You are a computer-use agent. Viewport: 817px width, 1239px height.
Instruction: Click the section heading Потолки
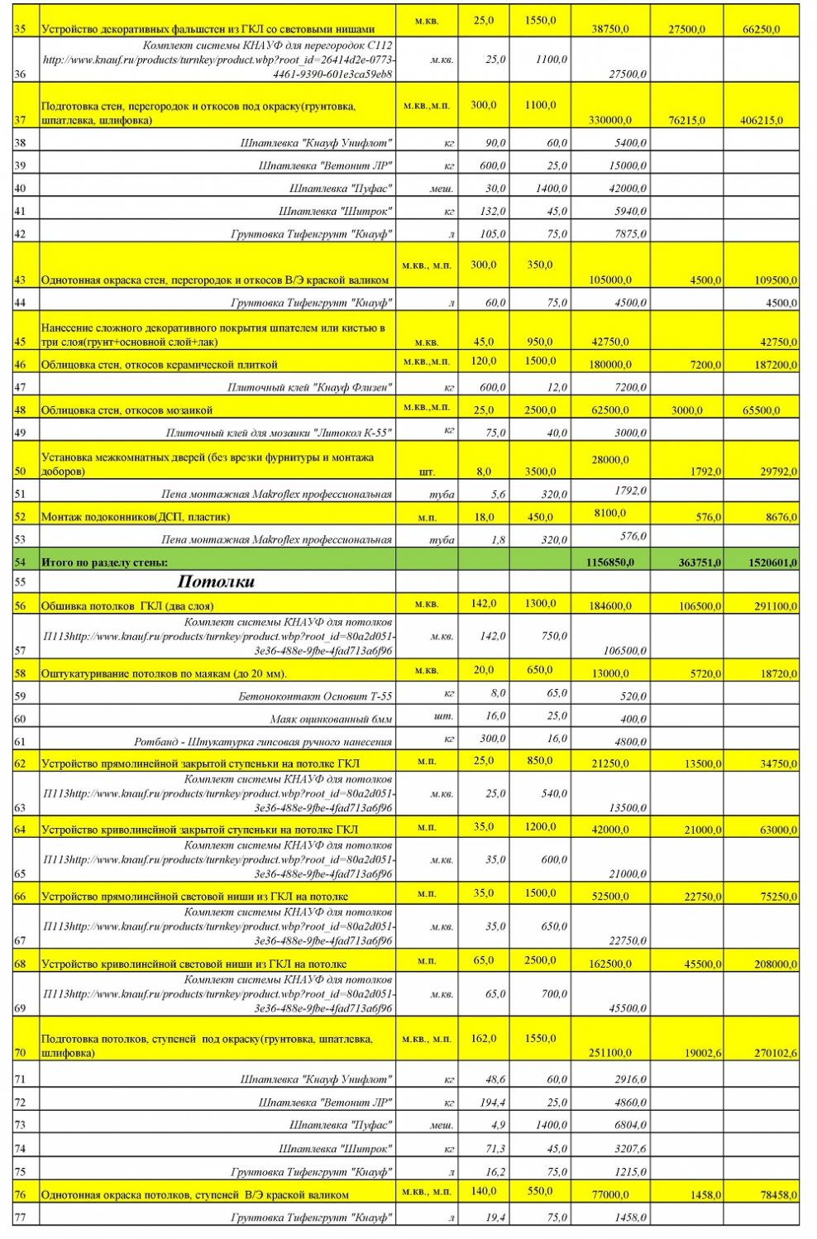pyautogui.click(x=216, y=582)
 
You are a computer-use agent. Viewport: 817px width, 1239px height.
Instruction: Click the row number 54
pyautogui.click(x=20, y=562)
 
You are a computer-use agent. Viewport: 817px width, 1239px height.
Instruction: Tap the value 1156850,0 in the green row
pyautogui.click(x=609, y=562)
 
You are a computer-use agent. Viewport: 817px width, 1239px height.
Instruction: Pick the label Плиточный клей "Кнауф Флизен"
pyautogui.click(x=309, y=387)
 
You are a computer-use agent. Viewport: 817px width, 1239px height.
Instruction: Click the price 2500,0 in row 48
pyautogui.click(x=540, y=410)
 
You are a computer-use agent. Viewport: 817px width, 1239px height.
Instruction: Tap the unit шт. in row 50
pyautogui.click(x=427, y=472)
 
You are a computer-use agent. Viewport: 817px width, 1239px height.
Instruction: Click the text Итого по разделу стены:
pyautogui.click(x=104, y=562)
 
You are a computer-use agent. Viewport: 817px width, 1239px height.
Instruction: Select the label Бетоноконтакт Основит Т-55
pyautogui.click(x=315, y=696)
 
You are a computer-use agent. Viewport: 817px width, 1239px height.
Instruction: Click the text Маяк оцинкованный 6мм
pyautogui.click(x=331, y=720)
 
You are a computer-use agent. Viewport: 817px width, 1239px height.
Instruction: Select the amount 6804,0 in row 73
pyautogui.click(x=630, y=1126)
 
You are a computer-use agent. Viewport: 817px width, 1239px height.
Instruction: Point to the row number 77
pyautogui.click(x=20, y=1217)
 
